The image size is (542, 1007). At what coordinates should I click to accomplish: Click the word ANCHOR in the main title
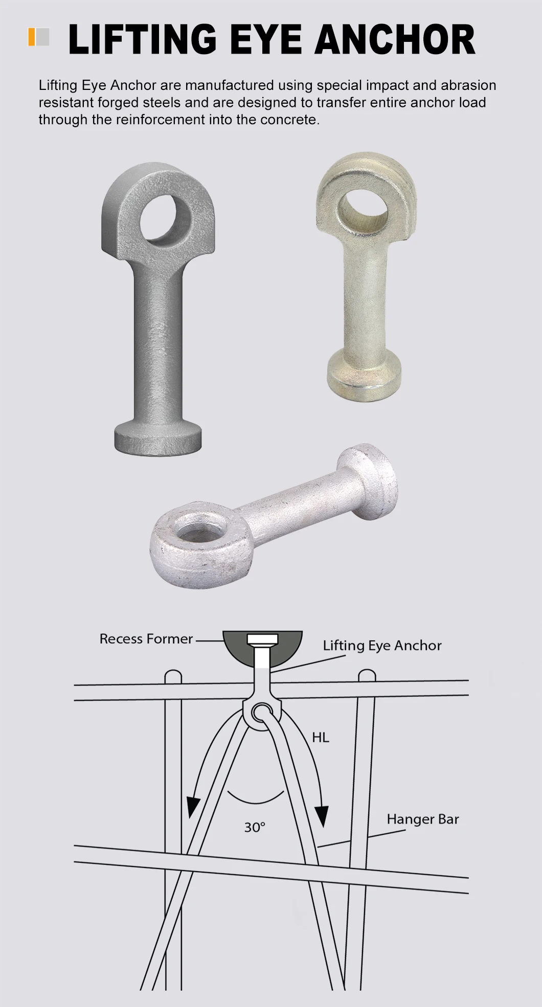394,40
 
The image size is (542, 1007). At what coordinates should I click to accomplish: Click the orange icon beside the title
32,37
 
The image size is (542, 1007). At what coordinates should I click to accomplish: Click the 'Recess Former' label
146,639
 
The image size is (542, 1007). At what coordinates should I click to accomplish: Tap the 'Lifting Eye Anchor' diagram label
382,645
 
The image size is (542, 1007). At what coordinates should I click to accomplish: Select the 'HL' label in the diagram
321,737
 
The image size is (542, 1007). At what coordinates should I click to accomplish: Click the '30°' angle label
255,827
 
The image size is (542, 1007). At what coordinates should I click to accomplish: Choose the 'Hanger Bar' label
422,819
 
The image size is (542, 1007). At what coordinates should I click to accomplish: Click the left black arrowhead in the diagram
193,806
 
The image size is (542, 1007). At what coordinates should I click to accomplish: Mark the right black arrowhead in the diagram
321,815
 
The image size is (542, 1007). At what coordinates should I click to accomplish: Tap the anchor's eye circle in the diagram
262,712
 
